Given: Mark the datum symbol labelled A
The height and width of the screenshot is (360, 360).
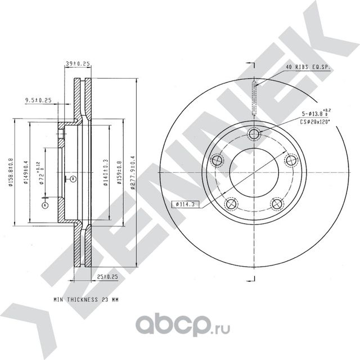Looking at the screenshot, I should coord(44,206).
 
